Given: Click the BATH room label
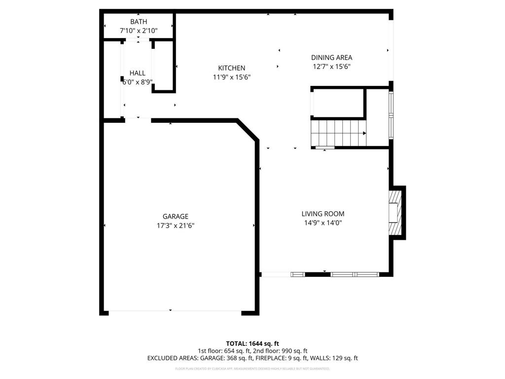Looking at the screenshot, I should point(138,22).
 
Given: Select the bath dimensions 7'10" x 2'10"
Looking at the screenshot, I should point(138,31).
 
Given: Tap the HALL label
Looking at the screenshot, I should point(137,73).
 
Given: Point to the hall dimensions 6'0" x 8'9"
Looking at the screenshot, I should point(137,82).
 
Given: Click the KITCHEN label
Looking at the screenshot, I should point(231,68).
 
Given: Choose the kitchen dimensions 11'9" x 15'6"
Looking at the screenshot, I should point(231,77).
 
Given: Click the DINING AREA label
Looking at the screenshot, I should point(331,57).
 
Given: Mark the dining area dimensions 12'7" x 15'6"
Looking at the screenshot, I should point(331,67).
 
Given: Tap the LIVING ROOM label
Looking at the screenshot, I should point(323,214).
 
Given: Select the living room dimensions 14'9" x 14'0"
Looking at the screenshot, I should point(323,223).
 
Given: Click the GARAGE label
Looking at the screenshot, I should point(176,216).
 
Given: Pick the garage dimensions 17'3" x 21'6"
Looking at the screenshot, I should point(176,226).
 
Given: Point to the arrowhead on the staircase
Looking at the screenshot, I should point(364,133).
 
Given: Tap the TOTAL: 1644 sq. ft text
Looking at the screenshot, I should point(252,343).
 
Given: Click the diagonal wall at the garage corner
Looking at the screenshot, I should point(248,130).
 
